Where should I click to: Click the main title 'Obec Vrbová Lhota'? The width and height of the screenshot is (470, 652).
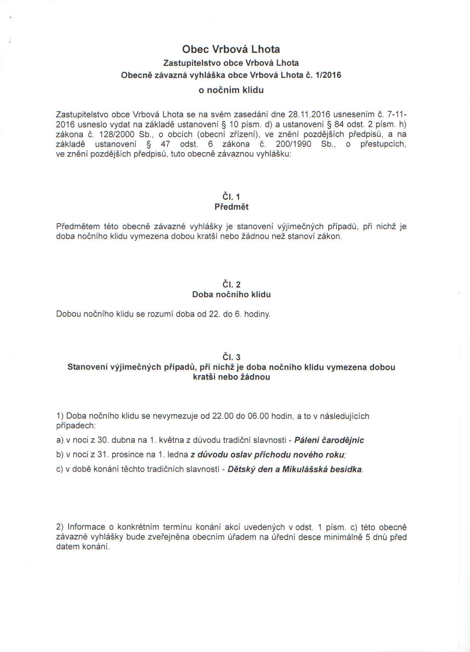click(231, 49)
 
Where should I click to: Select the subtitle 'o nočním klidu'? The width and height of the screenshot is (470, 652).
click(231, 90)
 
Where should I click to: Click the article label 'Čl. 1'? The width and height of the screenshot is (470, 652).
click(231, 197)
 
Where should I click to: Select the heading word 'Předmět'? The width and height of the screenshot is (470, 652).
click(231, 207)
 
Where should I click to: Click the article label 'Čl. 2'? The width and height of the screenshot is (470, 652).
click(231, 285)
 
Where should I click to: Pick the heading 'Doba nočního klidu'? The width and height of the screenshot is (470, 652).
click(231, 295)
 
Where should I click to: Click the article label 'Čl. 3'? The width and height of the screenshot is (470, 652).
click(231, 357)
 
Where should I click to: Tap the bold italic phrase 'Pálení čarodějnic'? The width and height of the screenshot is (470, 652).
click(329, 440)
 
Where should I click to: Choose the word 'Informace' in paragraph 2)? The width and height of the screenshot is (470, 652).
click(86, 527)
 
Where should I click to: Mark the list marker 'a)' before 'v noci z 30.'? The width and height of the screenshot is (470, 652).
click(60, 441)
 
